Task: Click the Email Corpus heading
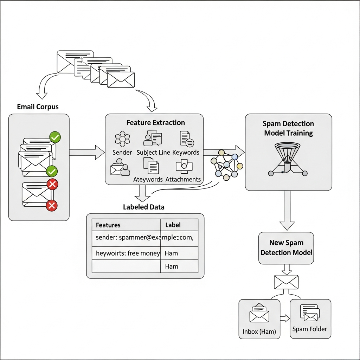pos(38,107)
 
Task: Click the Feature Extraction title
pos(155,123)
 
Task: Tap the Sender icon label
pos(122,152)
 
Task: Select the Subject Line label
pos(153,152)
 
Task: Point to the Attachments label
pos(183,179)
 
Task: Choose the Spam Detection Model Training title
pos(288,128)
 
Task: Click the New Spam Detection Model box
pos(286,248)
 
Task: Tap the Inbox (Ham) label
pos(259,332)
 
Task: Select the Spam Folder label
pos(310,329)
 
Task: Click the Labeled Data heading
pos(143,207)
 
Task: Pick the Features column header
pos(108,225)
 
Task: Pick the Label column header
pos(173,225)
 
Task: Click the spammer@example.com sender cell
pos(144,237)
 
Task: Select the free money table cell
pos(128,253)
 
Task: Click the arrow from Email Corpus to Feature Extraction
pos(87,152)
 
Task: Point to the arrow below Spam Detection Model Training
pos(287,211)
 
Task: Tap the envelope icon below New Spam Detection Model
pos(286,282)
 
